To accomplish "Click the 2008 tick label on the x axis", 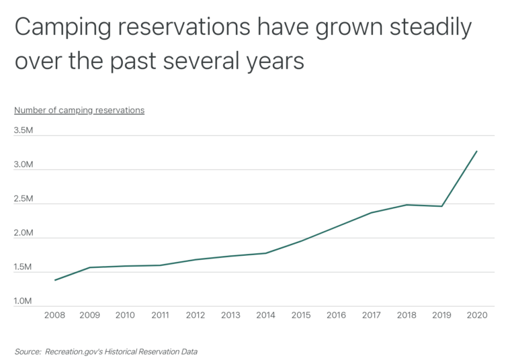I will [x=54, y=315].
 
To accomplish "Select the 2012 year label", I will [x=195, y=315].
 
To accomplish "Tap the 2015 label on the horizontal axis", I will [x=300, y=315].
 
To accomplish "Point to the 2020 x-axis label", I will [x=476, y=315].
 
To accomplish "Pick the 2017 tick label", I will [x=371, y=315].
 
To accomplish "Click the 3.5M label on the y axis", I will [x=23, y=130].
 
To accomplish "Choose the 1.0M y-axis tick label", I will [x=23, y=302].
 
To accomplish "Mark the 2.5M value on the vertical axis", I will [x=23, y=199].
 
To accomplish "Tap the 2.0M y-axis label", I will [x=23, y=233].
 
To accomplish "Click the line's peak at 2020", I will [x=477, y=151].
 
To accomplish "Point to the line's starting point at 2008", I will [x=55, y=280].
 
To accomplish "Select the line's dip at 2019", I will [x=441, y=206].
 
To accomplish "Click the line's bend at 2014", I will [x=265, y=253].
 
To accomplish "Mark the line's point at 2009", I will [x=90, y=267].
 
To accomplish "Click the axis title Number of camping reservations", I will [x=79, y=110].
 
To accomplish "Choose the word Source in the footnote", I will [x=26, y=351].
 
